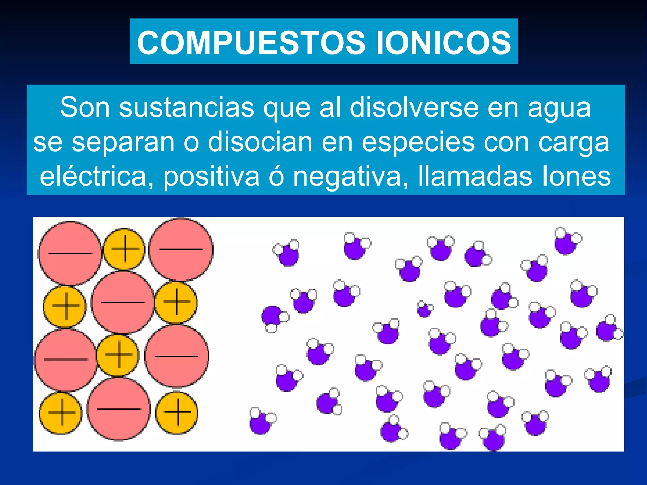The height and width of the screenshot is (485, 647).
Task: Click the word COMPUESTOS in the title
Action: point(251,42)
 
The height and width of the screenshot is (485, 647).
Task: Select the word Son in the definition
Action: point(85,107)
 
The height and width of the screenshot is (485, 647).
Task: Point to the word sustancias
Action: point(186,107)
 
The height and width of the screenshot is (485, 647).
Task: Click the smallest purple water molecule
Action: point(424,309)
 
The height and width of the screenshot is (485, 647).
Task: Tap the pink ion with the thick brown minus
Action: point(65,360)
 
